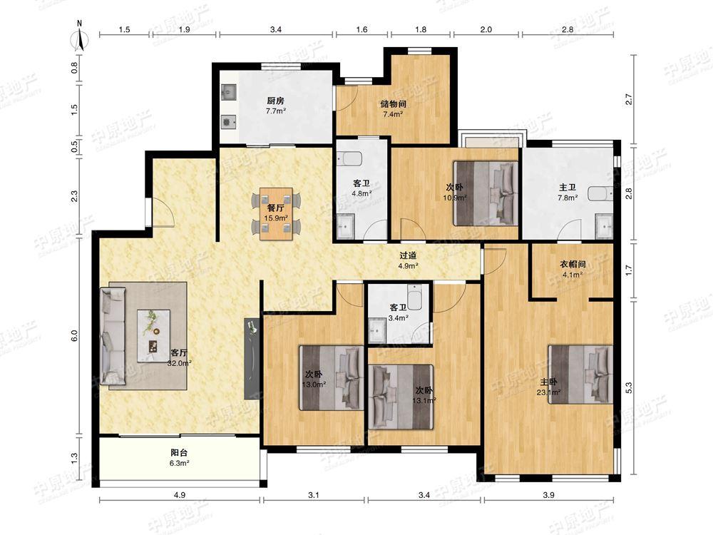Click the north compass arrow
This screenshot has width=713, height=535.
pyautogui.click(x=81, y=39)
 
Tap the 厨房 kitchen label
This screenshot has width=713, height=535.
pyautogui.click(x=275, y=101)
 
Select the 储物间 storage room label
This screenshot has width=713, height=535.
pyautogui.click(x=394, y=103)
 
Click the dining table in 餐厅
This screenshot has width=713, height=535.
pyautogui.click(x=277, y=213)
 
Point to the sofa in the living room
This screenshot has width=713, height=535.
pyautogui.click(x=113, y=335)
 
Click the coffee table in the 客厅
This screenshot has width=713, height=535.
pyautogui.click(x=154, y=335)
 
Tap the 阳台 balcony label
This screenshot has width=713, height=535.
pyautogui.click(x=179, y=452)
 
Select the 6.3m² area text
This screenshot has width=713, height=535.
pyautogui.click(x=179, y=463)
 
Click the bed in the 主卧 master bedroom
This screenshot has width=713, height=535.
pyautogui.click(x=580, y=374)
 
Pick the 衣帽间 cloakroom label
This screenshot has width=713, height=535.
pyautogui.click(x=572, y=264)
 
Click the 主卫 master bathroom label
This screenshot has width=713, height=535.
pyautogui.click(x=568, y=187)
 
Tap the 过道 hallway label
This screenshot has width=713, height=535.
pyautogui.click(x=408, y=256)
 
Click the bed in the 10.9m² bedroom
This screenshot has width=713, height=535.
pyautogui.click(x=486, y=193)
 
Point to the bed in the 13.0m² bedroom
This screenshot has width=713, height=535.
pyautogui.click(x=332, y=378)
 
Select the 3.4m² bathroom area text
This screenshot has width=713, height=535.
pyautogui.click(x=398, y=318)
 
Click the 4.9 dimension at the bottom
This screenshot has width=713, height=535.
pyautogui.click(x=180, y=495)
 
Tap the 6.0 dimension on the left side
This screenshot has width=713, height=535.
pyautogui.click(x=75, y=336)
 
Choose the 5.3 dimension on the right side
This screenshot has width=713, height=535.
pyautogui.click(x=629, y=387)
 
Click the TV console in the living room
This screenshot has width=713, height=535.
pyautogui.click(x=252, y=359)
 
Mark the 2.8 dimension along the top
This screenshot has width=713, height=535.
pyautogui.click(x=568, y=29)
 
